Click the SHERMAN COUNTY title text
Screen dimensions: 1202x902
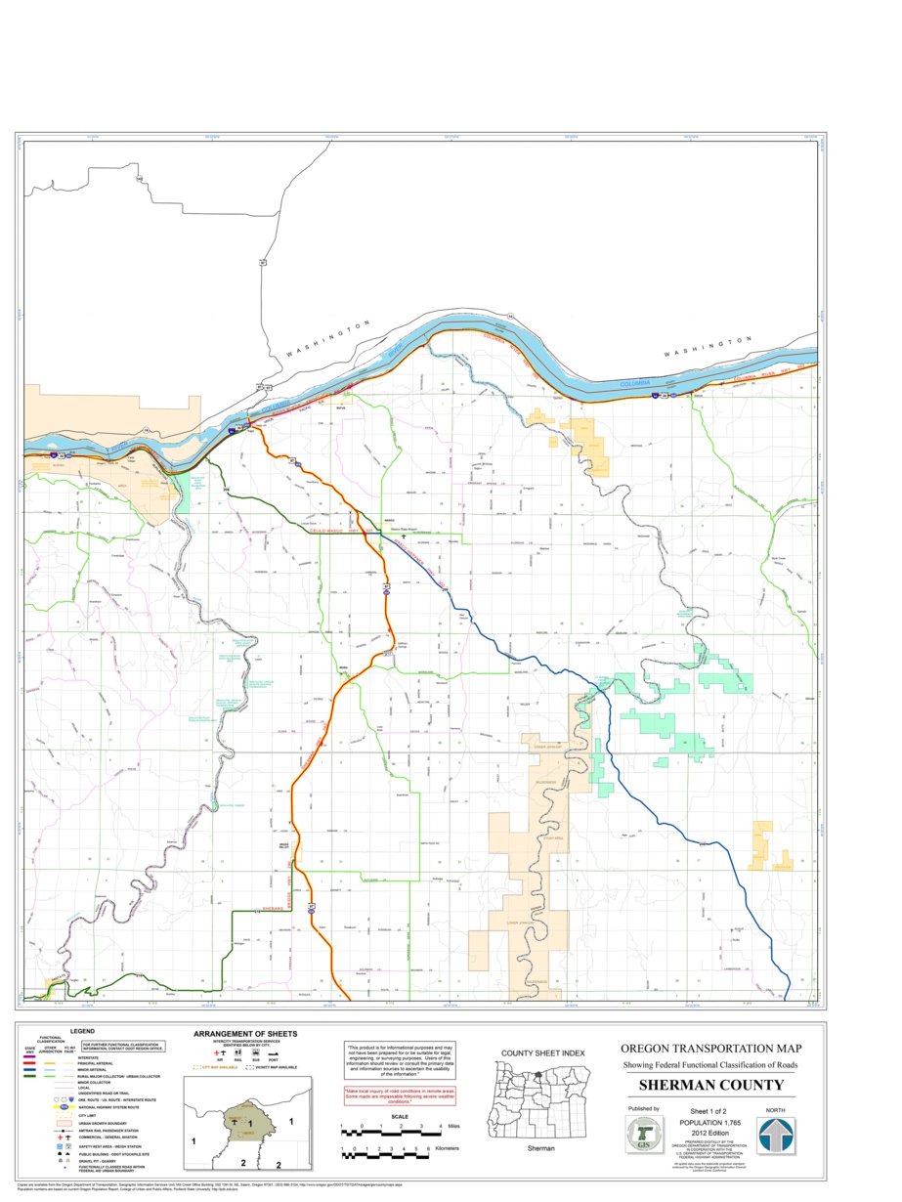coord(710,1086)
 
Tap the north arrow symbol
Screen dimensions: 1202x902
coord(777,1136)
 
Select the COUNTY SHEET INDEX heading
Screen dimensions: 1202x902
coord(542,1052)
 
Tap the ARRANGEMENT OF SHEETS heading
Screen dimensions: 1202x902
coord(245,1033)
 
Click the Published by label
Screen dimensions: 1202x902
coord(643,1109)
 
